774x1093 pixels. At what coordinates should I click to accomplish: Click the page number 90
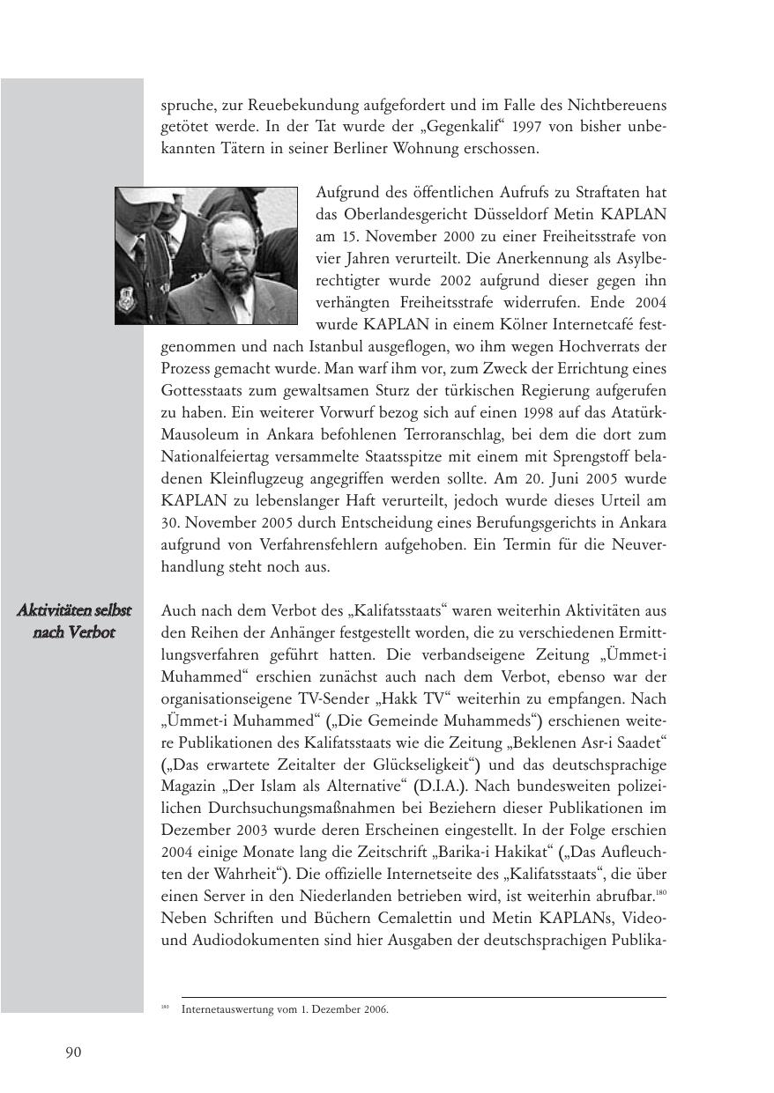pos(73,1052)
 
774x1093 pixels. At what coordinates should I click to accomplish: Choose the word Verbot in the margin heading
pos(93,633)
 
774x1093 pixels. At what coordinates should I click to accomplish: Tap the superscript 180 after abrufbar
pos(660,891)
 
